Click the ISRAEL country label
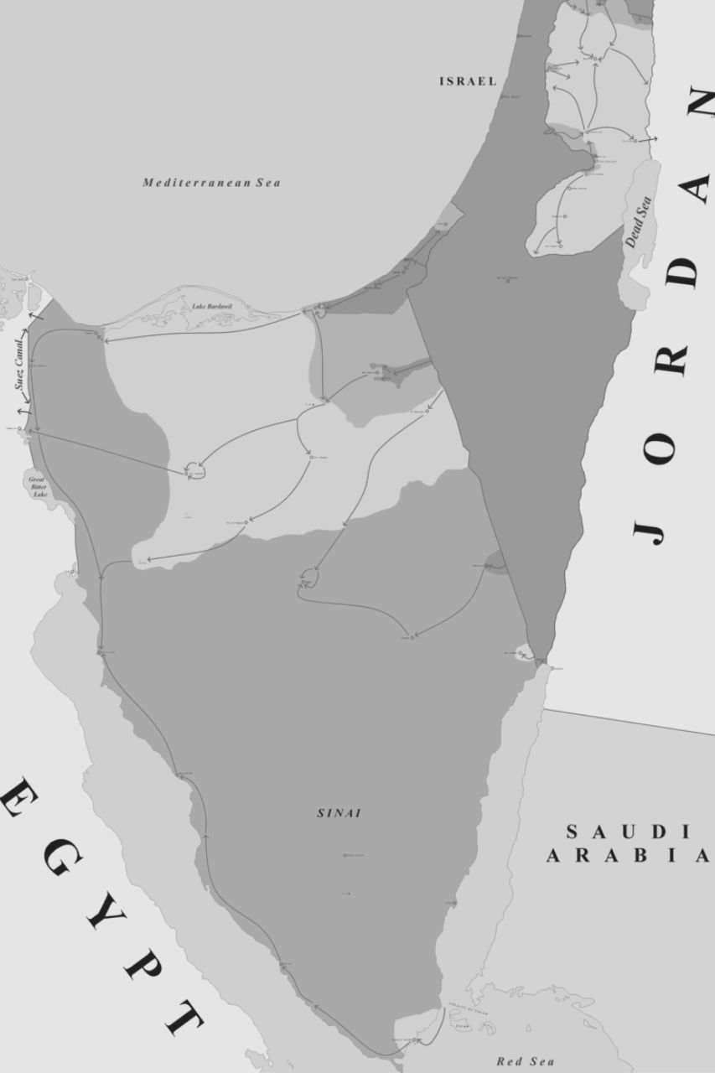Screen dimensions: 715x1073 (x=468, y=81)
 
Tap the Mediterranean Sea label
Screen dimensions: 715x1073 (x=211, y=183)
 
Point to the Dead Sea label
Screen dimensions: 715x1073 (x=637, y=222)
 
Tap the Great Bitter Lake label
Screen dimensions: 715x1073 (x=39, y=486)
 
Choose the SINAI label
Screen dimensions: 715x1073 (x=339, y=813)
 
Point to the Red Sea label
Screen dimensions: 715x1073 (x=526, y=1061)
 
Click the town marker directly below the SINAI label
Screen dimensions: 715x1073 (x=345, y=855)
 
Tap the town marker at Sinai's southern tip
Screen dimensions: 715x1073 (x=413, y=1040)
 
